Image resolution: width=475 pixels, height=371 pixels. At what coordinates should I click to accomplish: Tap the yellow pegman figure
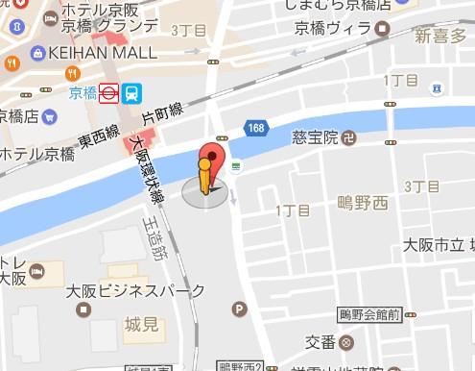(204, 179)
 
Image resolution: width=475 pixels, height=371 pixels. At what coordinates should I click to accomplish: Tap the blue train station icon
(131, 93)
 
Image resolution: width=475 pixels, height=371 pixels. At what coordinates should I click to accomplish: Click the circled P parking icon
(239, 309)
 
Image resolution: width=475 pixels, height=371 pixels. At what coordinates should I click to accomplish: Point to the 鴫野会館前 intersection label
(368, 314)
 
